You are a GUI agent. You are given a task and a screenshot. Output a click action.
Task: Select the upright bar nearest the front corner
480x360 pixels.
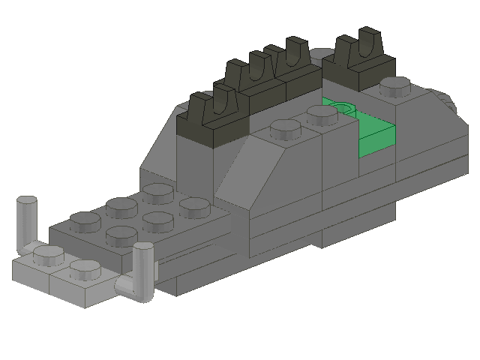(143, 270)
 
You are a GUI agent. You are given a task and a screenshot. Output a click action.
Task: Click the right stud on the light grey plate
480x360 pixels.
(85, 268)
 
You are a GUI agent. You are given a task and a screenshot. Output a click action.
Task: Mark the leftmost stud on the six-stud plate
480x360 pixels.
(85, 220)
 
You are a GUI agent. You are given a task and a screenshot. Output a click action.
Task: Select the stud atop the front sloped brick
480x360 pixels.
(283, 132)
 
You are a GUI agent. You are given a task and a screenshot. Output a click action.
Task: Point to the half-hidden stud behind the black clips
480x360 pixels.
(322, 54)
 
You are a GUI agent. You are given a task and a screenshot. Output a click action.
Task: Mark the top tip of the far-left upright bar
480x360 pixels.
(26, 201)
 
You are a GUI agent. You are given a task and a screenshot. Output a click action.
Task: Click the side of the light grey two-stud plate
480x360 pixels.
(67, 293)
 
